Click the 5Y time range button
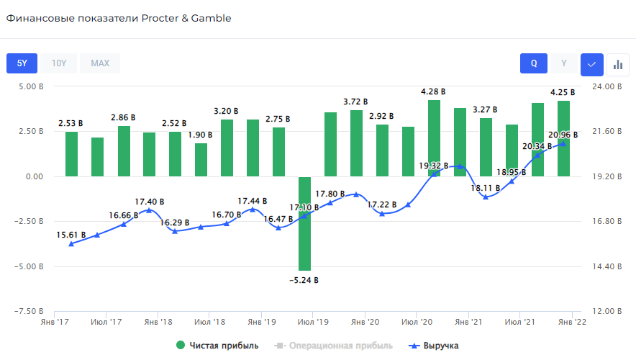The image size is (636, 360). click(22, 63)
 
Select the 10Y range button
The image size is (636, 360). click(59, 63)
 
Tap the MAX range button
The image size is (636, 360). click(100, 63)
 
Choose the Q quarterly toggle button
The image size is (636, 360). click(534, 63)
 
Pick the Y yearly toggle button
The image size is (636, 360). click(564, 63)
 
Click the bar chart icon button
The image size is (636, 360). click(617, 64)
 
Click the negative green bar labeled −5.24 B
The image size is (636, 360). click(305, 223)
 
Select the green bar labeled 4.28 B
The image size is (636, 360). click(435, 138)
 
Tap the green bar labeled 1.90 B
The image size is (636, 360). click(201, 159)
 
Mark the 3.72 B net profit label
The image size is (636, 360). click(355, 102)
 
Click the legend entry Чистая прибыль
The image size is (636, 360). click(217, 346)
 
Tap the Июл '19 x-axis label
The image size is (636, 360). click(314, 322)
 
